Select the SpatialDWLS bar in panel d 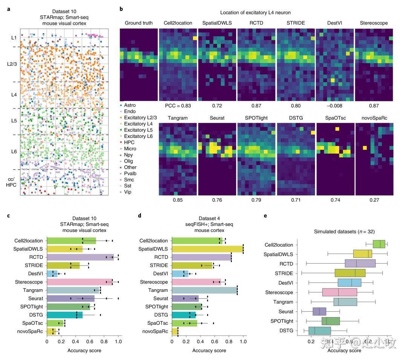(207, 249)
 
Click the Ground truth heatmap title (139, 23)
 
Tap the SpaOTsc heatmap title (335, 117)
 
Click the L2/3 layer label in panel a (12, 64)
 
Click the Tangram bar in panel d (204, 290)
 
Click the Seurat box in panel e (320, 311)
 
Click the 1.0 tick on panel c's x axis (118, 342)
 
